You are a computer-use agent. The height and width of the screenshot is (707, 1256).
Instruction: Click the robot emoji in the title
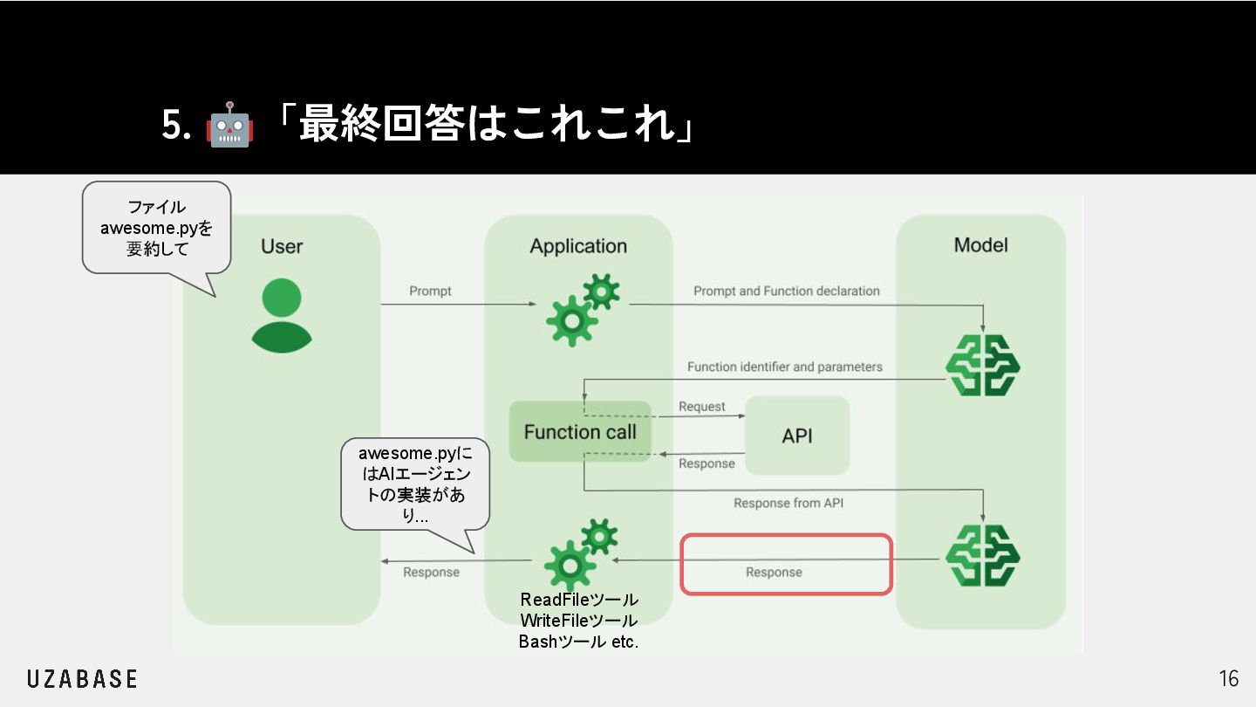[x=229, y=126]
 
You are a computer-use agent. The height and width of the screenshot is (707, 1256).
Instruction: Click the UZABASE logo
[x=82, y=679]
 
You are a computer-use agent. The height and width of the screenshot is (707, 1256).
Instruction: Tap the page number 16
[x=1228, y=679]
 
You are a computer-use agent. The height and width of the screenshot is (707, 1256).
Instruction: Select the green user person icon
[x=281, y=315]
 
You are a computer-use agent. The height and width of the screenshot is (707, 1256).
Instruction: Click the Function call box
[x=580, y=431]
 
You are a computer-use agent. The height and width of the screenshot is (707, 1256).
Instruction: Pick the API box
[x=797, y=436]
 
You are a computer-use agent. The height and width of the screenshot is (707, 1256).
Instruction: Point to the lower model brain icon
[x=983, y=555]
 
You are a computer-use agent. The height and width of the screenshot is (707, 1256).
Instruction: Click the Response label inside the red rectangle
[x=774, y=573]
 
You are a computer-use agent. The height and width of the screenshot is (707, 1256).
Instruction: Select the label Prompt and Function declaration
[x=787, y=291]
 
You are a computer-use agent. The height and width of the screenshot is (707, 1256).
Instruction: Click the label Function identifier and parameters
[x=785, y=367]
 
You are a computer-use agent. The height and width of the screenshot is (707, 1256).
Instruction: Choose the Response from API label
[x=788, y=503]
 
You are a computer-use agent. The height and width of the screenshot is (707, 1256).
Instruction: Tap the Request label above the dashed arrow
[x=702, y=407]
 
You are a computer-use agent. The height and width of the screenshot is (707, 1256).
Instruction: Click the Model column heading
[x=981, y=245]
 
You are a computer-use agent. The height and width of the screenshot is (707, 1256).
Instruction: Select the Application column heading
[x=578, y=246]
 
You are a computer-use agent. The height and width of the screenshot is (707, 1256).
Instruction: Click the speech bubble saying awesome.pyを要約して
[x=156, y=228]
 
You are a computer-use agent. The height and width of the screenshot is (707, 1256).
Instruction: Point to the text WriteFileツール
[x=579, y=621]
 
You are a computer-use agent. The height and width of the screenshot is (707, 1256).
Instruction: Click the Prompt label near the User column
[x=430, y=291]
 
